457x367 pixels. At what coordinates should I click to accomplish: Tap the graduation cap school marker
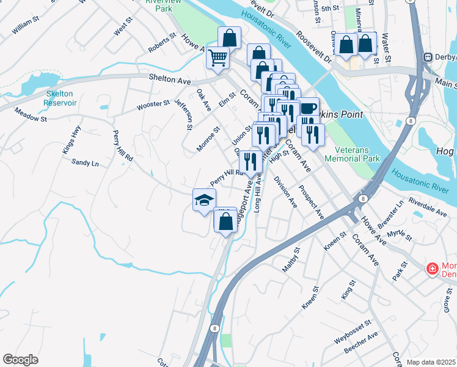[205, 200]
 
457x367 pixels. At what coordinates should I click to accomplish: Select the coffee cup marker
[308, 109]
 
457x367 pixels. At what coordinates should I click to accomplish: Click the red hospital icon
[432, 269]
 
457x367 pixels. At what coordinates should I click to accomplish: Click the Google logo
[20, 359]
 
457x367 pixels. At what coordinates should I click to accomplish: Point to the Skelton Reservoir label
[60, 98]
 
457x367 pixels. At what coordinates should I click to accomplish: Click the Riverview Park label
[161, 6]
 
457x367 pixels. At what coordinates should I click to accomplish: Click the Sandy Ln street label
[85, 163]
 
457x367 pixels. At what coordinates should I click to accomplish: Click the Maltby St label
[291, 259]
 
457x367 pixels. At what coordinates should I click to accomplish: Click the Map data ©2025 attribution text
[431, 362]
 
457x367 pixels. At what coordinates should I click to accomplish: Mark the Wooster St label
[153, 104]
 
